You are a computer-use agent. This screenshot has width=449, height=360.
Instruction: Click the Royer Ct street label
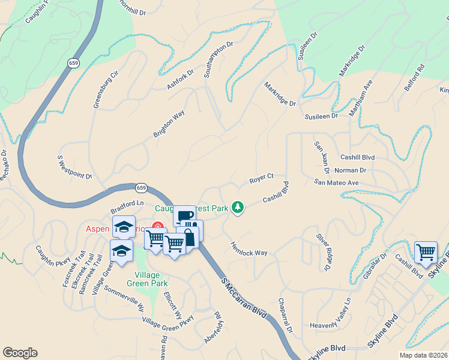[261, 179]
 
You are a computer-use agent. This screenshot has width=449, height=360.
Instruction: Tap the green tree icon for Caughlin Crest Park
[238, 207]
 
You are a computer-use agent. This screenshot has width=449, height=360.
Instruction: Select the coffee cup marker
[185, 215]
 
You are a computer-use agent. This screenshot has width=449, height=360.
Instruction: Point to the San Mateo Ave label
[336, 182]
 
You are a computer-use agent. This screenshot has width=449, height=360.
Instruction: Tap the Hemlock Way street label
[249, 249]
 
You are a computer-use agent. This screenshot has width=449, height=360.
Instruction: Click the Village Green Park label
[147, 278]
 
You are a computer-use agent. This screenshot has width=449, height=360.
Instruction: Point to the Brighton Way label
[168, 124]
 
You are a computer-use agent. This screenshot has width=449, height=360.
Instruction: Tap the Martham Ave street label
[364, 98]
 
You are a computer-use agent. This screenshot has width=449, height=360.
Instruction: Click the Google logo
[20, 353]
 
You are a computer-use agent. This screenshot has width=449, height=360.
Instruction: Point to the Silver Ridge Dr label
[328, 251]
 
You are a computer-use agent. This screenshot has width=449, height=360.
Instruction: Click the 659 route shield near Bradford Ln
[140, 188]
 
